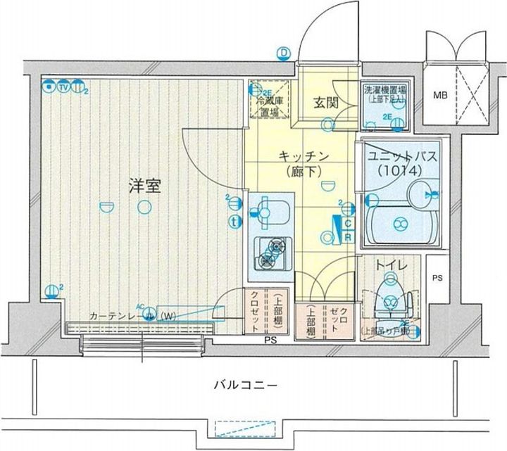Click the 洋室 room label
click(x=145, y=186)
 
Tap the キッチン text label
click(x=301, y=156)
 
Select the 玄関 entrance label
click(x=327, y=103)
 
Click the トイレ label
click(x=389, y=266)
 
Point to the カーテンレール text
click(x=118, y=317)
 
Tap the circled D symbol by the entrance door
click(x=284, y=52)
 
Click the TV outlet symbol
click(x=63, y=87)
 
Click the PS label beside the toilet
click(x=437, y=278)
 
